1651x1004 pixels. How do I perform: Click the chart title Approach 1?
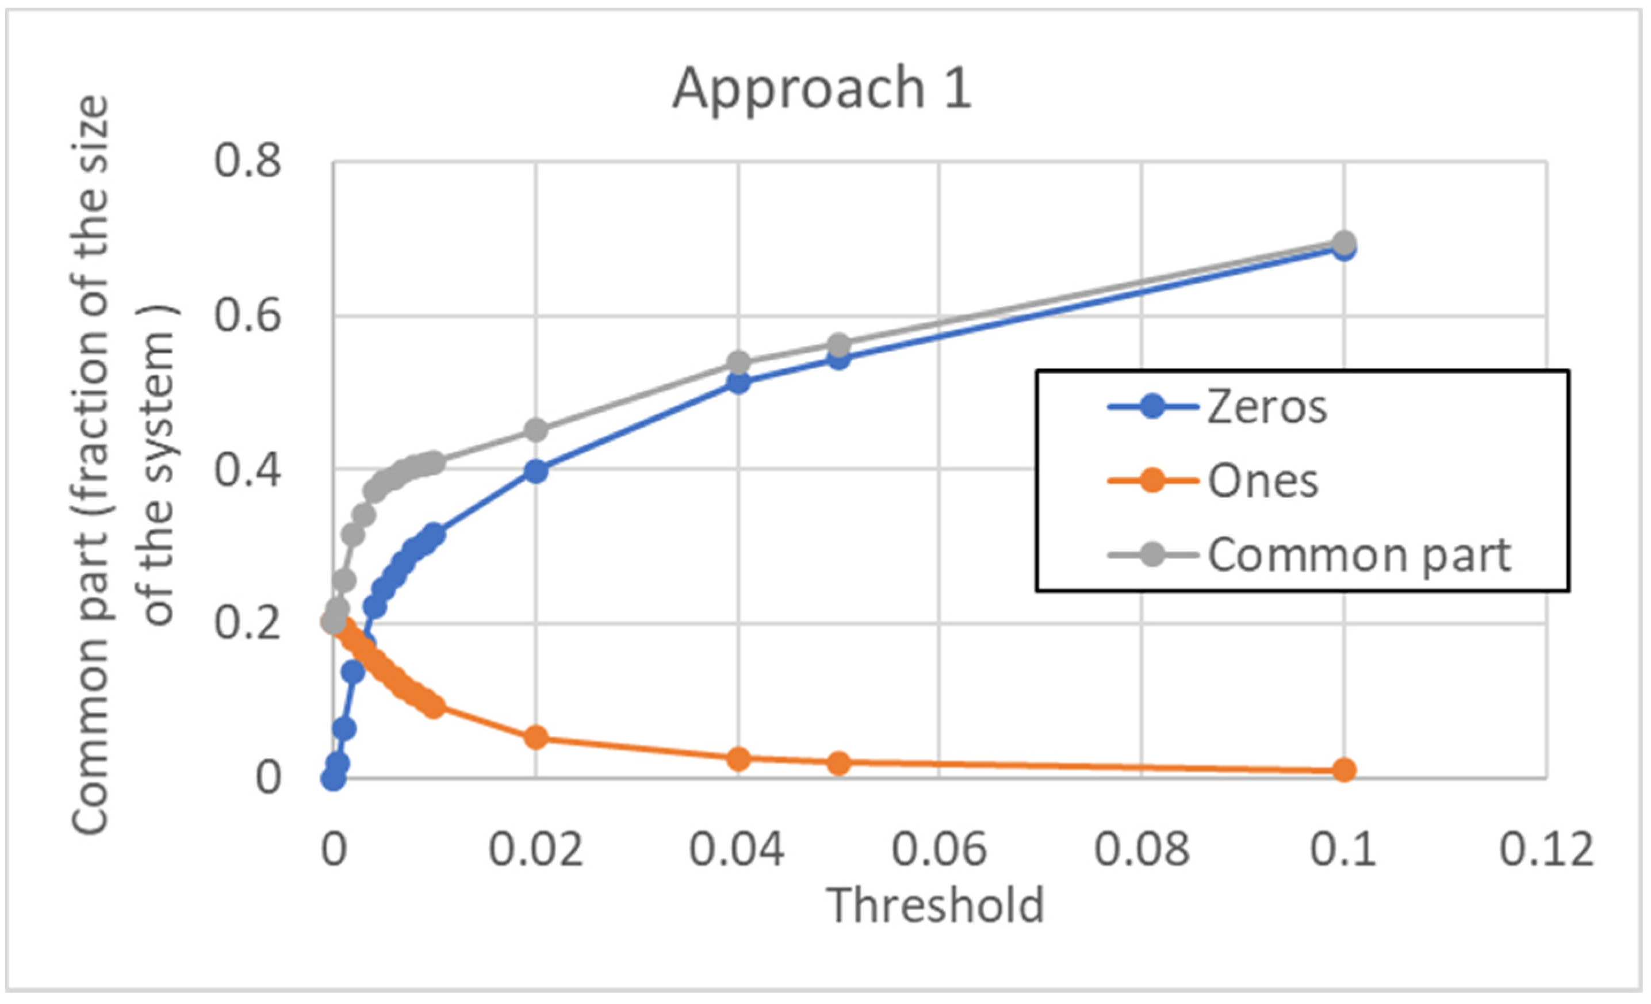click(x=822, y=89)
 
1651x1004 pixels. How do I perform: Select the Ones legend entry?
click(x=1262, y=481)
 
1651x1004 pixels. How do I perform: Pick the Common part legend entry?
click(x=1359, y=555)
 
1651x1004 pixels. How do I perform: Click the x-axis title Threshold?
click(x=937, y=905)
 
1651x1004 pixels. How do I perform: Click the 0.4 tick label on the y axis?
click(x=247, y=469)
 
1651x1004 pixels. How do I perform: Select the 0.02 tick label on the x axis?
click(x=535, y=850)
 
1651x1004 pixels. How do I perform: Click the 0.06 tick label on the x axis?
click(x=938, y=850)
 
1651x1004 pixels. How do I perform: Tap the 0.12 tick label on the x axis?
click(x=1545, y=850)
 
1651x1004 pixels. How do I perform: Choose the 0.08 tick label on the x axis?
click(x=1141, y=850)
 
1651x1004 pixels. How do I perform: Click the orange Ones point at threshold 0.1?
click(x=1343, y=770)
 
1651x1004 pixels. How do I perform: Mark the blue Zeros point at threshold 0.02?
click(x=535, y=471)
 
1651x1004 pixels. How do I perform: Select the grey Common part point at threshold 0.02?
click(x=535, y=430)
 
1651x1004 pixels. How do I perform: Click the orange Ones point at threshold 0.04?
click(x=738, y=758)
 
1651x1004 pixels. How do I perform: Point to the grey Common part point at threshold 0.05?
click(x=838, y=346)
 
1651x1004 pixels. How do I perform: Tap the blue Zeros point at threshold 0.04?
click(x=738, y=383)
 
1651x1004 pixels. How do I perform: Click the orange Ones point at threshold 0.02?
click(x=535, y=738)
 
